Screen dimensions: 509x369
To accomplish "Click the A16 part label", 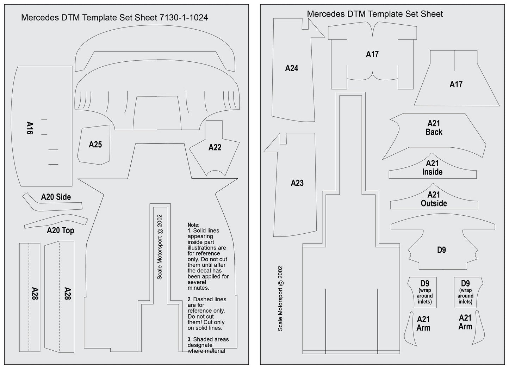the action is [30, 128].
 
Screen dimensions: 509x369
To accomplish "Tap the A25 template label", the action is [95, 144].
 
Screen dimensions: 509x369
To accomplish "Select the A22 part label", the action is [215, 148].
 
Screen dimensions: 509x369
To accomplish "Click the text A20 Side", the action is [56, 197].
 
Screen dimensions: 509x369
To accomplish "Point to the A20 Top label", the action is [61, 230].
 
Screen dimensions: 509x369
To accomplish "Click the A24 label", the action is [292, 68].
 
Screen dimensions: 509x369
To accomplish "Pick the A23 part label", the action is [297, 183].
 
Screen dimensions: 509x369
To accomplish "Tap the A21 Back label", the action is [434, 128].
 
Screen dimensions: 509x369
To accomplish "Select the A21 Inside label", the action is [432, 167].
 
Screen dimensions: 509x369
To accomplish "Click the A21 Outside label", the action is [434, 199].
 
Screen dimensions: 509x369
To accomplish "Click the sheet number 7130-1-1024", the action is [184, 18].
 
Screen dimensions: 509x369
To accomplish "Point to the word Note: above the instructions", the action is [193, 225].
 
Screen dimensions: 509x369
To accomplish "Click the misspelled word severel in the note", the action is [197, 282].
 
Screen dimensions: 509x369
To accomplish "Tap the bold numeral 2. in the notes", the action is [190, 300].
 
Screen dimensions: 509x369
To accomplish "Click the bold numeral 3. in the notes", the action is [190, 339].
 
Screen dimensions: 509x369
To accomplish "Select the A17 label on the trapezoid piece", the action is [456, 85].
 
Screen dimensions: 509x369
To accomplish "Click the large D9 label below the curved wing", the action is [441, 250].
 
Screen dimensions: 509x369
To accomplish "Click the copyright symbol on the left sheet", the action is [160, 232].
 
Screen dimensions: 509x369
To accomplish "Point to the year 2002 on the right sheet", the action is [280, 272].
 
